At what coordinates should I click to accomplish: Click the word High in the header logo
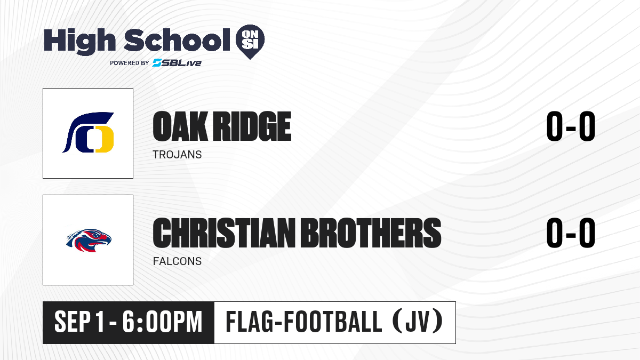tap(79, 41)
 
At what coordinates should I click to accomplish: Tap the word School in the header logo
tap(177, 39)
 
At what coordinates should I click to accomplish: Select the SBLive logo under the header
tap(177, 62)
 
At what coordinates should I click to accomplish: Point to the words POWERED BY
tap(130, 63)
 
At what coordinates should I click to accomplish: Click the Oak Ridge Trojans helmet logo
tap(88, 133)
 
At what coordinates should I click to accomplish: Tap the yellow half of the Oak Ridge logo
tap(105, 139)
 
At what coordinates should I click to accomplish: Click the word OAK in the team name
tap(180, 126)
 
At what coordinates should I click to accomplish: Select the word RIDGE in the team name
tap(253, 126)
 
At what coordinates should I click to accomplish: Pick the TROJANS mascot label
tap(177, 155)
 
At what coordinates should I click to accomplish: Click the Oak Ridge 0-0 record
tap(571, 126)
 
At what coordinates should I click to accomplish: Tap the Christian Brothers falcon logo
tap(89, 240)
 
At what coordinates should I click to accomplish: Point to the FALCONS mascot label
tap(177, 261)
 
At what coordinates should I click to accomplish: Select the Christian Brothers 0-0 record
tap(571, 233)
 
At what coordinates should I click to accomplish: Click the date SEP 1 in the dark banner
tap(79, 322)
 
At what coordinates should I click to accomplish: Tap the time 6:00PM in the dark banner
tap(162, 322)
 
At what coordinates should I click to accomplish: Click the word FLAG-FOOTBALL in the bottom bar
tap(303, 322)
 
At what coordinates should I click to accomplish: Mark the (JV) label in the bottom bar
tap(418, 322)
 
